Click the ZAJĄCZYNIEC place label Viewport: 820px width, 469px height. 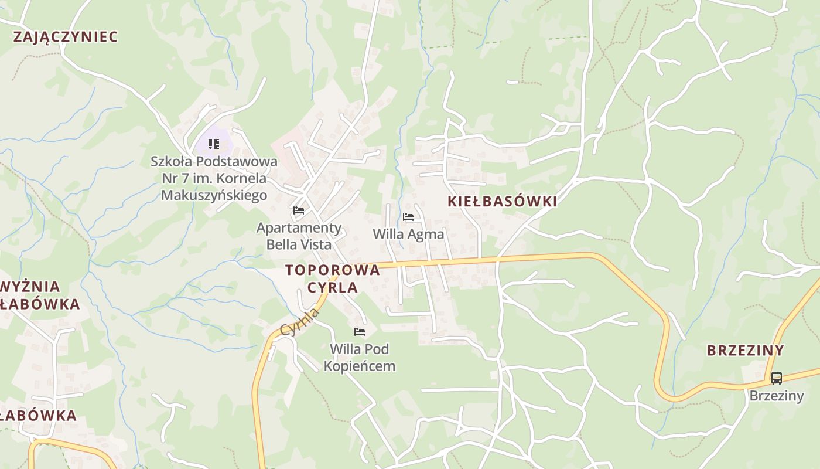(65, 36)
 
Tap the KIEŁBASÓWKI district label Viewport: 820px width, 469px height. (502, 201)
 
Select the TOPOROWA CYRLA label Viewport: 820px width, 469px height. (333, 278)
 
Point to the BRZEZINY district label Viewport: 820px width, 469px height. (745, 350)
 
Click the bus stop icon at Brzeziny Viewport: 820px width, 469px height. (776, 378)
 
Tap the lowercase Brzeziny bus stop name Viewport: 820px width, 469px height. (777, 396)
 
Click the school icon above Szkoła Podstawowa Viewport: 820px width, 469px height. (214, 144)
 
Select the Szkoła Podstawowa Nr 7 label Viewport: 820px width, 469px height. (214, 178)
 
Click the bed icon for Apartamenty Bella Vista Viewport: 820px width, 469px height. (299, 210)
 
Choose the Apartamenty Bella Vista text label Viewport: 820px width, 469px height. (299, 236)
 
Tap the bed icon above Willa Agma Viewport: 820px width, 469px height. (408, 217)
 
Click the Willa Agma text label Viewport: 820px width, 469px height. (408, 234)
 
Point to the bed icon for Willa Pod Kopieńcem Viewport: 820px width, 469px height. (360, 332)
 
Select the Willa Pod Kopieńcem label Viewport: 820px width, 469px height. (360, 358)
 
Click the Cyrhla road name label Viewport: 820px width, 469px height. (300, 322)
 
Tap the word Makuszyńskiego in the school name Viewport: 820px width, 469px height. (214, 195)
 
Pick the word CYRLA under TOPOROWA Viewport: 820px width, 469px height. (333, 287)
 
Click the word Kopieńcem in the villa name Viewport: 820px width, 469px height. (360, 366)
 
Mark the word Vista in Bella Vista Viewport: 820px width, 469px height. (315, 244)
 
